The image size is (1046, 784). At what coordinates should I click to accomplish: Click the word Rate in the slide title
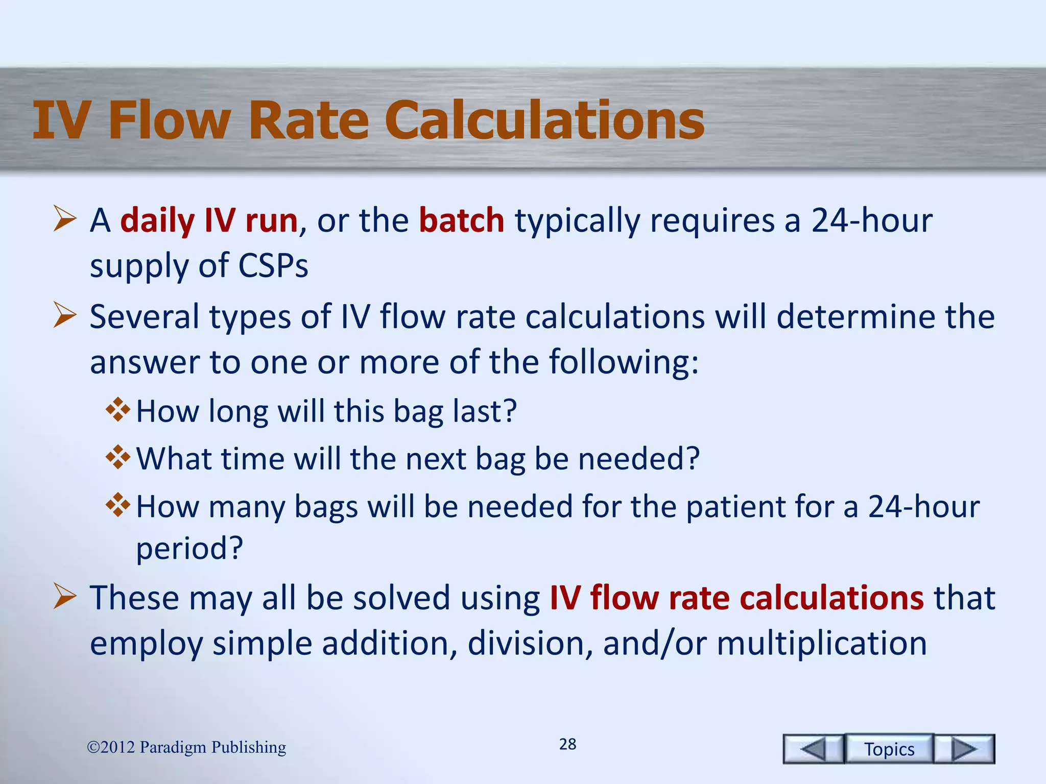[x=308, y=120]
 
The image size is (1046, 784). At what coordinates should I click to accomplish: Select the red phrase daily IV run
[x=209, y=220]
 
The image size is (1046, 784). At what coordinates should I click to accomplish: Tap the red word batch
[x=461, y=220]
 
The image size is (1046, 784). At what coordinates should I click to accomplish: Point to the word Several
[x=145, y=317]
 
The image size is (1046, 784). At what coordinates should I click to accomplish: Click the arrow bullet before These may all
[x=65, y=597]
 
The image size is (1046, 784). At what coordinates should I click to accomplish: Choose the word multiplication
[x=821, y=643]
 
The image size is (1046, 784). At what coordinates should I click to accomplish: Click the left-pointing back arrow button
[x=813, y=749]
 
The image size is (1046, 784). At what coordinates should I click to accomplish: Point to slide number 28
[x=567, y=744]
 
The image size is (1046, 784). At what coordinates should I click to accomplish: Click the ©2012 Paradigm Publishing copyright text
[x=186, y=747]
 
